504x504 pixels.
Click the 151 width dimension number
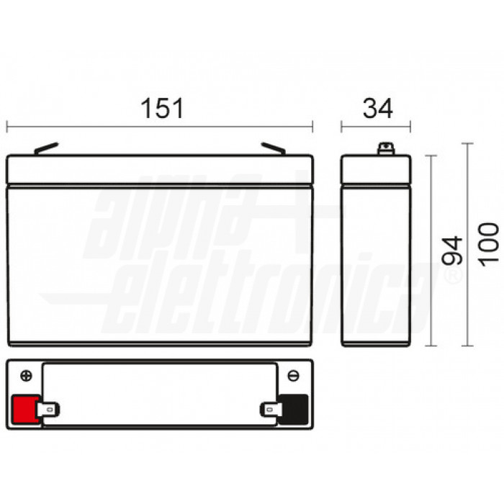[161, 109]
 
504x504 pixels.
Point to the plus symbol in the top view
[27, 376]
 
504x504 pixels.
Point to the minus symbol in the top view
[293, 376]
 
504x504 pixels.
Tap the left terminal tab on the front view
[45, 148]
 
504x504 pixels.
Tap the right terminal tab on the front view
[274, 148]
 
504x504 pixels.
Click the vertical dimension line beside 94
[431, 249]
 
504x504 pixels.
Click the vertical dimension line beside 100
[469, 244]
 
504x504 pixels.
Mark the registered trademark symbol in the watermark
[453, 276]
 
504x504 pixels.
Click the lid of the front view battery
[160, 169]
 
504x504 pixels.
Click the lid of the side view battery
[376, 169]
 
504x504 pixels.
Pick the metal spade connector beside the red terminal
[50, 410]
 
